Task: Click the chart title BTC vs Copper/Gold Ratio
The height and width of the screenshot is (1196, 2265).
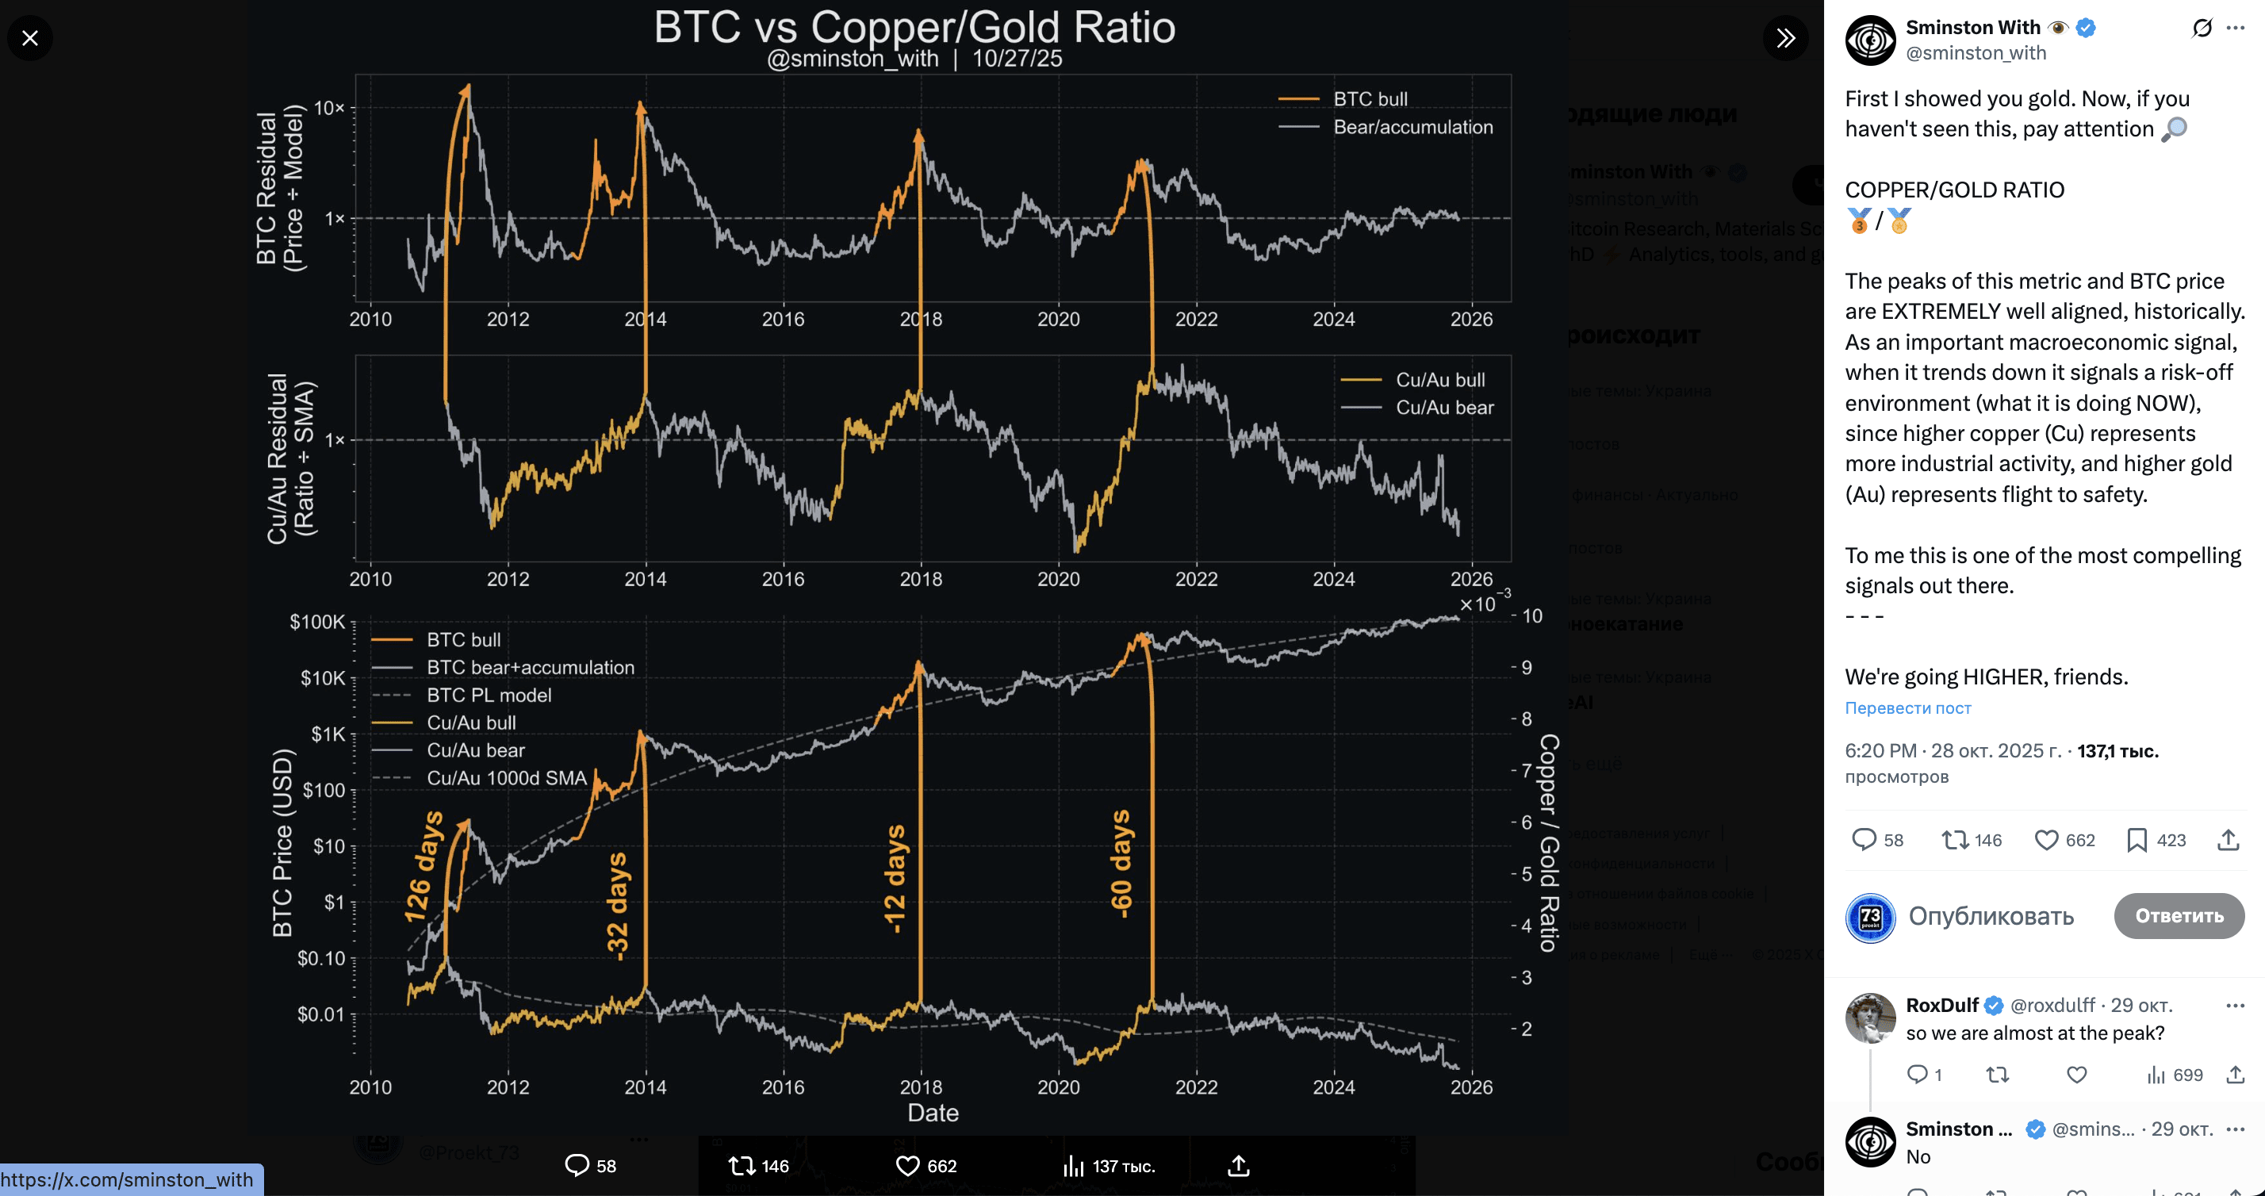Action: click(x=914, y=27)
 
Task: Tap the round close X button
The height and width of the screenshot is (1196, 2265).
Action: click(x=30, y=38)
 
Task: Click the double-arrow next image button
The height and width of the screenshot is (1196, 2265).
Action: click(x=1785, y=38)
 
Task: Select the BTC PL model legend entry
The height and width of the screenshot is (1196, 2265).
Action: click(x=488, y=695)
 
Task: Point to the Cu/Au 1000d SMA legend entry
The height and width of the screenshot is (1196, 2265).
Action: click(x=506, y=777)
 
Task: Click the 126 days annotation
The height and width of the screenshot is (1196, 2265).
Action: click(x=423, y=866)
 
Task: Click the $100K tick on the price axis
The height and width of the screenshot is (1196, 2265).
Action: click(x=317, y=622)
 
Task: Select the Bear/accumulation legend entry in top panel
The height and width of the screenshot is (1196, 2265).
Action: click(x=1412, y=127)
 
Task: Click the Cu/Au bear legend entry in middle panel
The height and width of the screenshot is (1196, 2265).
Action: click(x=1443, y=407)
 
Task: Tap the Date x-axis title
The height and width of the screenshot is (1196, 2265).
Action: click(x=932, y=1113)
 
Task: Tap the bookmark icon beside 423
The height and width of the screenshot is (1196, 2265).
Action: click(x=2136, y=840)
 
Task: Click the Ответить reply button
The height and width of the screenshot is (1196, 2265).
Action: click(x=2178, y=915)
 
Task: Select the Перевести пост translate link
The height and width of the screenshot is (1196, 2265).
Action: click(x=1907, y=708)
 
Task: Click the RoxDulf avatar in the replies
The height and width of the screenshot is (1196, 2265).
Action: click(x=1869, y=1018)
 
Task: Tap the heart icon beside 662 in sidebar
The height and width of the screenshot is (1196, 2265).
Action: click(x=2046, y=840)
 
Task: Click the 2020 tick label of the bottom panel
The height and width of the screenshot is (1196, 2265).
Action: click(x=1058, y=1087)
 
